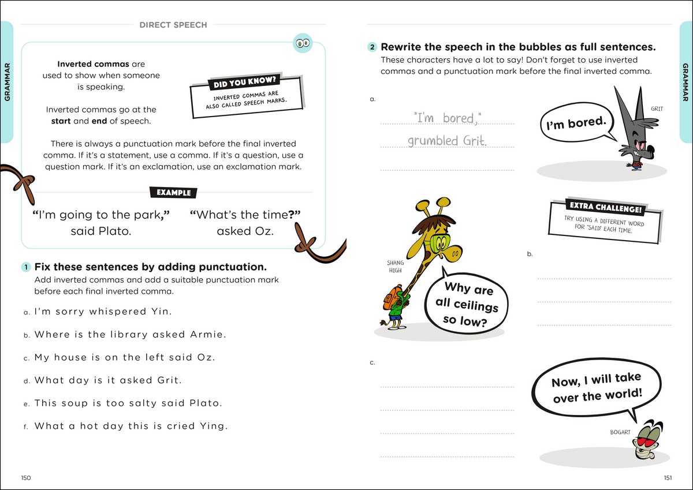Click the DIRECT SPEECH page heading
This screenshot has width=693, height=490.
tap(173, 25)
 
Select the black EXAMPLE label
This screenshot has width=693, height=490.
tap(173, 193)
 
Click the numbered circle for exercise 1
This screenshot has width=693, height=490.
tap(26, 267)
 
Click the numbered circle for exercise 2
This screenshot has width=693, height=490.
tap(372, 47)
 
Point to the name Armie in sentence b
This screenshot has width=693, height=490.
tap(208, 335)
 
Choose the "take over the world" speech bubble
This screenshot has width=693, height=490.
tap(596, 388)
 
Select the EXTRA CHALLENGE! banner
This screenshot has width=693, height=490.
tap(597, 207)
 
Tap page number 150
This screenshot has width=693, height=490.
tap(25, 477)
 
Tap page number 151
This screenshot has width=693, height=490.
tap(668, 477)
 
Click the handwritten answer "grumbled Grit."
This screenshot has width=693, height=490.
tap(447, 140)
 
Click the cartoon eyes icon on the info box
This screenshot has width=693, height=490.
tap(303, 43)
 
